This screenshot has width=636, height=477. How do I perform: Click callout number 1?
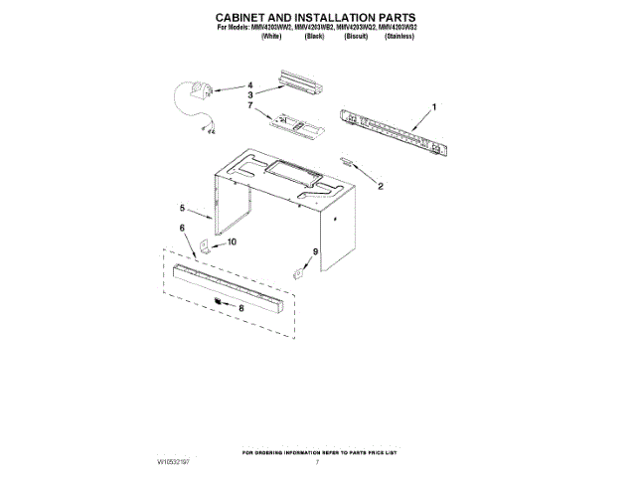click(x=433, y=106)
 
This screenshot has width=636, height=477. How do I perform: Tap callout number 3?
click(x=250, y=94)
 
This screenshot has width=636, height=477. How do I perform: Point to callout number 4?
click(x=250, y=84)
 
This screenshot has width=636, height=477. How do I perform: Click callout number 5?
click(x=182, y=209)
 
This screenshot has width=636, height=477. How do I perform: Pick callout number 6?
click(x=182, y=229)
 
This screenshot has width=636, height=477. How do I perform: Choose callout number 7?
click(x=250, y=105)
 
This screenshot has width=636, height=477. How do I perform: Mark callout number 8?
click(x=239, y=309)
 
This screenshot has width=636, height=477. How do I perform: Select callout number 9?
click(x=316, y=253)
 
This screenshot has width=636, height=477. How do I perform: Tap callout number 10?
click(x=232, y=241)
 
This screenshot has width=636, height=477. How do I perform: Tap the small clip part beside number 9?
click(x=298, y=269)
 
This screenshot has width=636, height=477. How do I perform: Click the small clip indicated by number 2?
click(x=347, y=161)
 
